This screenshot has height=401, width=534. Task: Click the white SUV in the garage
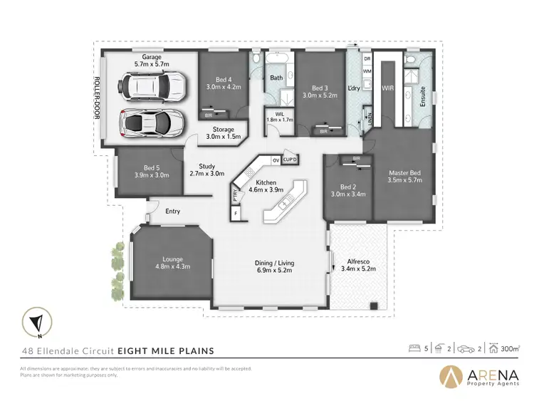tap(152, 88)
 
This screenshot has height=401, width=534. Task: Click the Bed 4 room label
tap(219, 83)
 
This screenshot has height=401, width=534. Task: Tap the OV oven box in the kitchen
tap(275, 161)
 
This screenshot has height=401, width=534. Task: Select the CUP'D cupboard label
tap(290, 160)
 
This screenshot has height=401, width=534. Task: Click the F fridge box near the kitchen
tap(236, 212)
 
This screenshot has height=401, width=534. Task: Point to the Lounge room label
tap(172, 262)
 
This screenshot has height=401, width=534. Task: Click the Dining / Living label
tap(274, 266)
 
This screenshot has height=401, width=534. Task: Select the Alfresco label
tap(358, 265)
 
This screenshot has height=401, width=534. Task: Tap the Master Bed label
tap(404, 176)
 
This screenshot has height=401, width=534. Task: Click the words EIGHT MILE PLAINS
tap(166, 350)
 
